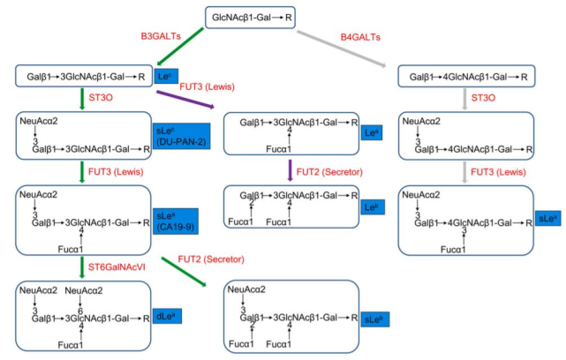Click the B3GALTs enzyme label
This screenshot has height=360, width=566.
click(162, 36)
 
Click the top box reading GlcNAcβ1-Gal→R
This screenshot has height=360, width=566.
click(251, 16)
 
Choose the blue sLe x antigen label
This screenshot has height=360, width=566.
click(547, 217)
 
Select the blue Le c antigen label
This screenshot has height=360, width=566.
click(163, 77)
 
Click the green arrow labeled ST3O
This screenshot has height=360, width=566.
click(83, 99)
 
